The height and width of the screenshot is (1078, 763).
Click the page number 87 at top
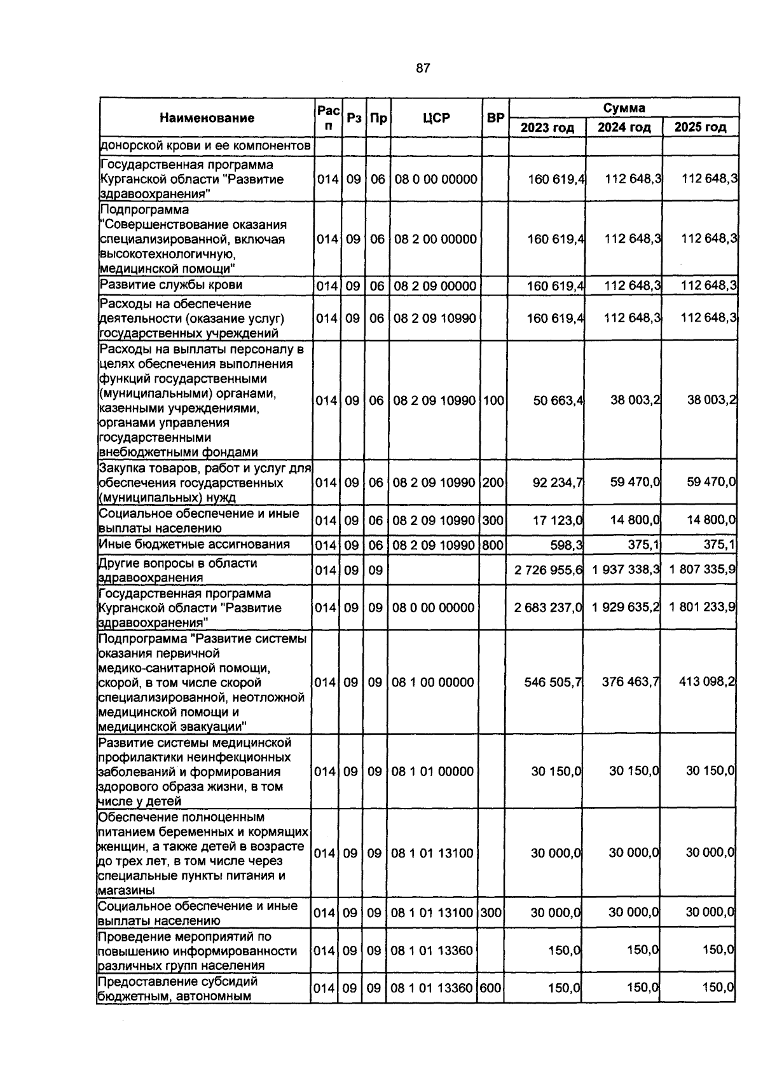pos(423,69)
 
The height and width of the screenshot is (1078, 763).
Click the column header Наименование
pos(207,118)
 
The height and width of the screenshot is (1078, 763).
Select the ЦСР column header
pos(436,118)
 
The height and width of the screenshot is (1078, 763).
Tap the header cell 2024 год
pos(624,128)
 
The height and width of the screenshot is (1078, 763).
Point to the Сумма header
pos(624,107)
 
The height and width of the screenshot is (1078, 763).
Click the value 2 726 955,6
pos(548,570)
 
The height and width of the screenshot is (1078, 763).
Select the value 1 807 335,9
pos(702,569)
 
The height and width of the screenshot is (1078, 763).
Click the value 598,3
pos(566,545)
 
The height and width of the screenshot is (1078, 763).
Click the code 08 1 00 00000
pos(432,683)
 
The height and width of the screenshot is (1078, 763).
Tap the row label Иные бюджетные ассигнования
pos(194,544)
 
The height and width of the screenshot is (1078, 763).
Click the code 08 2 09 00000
pos(434,287)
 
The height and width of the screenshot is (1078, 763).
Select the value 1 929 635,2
pos(625,607)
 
